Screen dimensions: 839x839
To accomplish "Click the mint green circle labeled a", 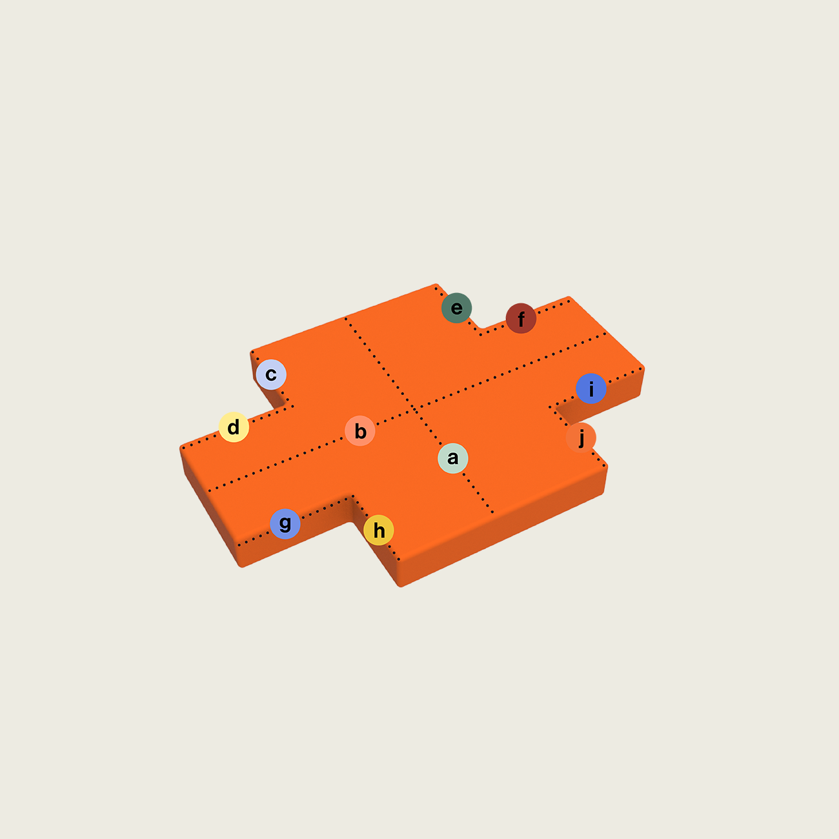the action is click(x=453, y=458).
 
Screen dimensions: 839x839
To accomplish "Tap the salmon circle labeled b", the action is click(x=360, y=431).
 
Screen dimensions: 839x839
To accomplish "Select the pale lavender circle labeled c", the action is click(x=271, y=374).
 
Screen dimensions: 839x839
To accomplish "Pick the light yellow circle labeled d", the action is click(x=234, y=427).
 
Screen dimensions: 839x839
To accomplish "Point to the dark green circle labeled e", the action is click(x=457, y=308).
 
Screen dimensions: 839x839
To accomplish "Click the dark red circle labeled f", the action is click(x=521, y=318).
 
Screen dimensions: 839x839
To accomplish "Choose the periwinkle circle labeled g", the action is click(x=285, y=524).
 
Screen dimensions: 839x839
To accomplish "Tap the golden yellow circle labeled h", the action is click(x=379, y=531).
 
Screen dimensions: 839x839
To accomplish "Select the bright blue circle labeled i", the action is click(x=591, y=389).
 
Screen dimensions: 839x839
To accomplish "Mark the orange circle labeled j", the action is click(x=581, y=438).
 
